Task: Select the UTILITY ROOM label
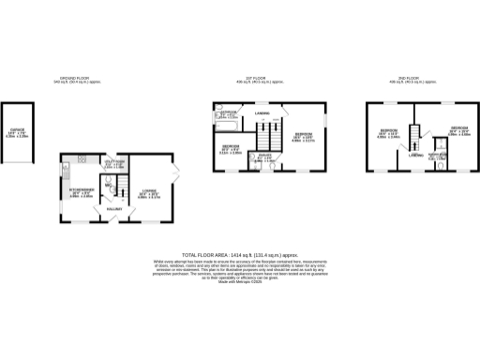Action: [x=113, y=162]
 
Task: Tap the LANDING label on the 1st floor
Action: [x=262, y=115]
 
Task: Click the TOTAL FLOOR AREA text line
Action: [x=239, y=255]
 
